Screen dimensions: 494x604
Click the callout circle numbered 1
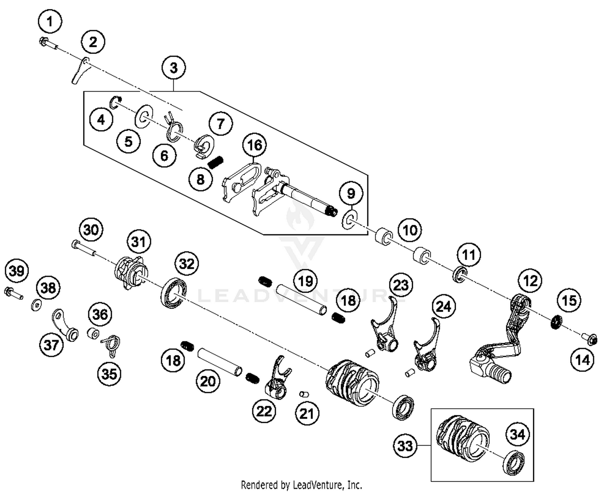[x=50, y=21]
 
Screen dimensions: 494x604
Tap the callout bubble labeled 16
[x=254, y=145]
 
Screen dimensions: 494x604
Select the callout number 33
[x=405, y=445]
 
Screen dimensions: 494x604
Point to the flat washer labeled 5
[x=143, y=117]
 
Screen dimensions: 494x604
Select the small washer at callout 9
[x=349, y=219]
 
